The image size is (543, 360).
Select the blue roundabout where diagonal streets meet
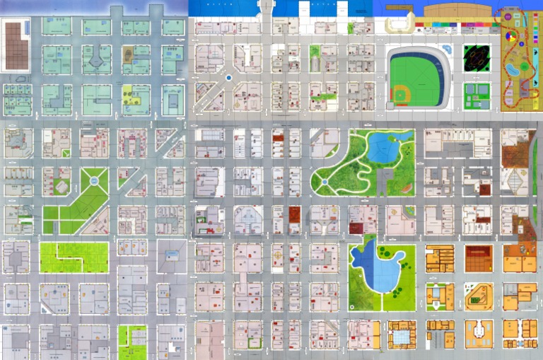pyautogui.click(x=229, y=78)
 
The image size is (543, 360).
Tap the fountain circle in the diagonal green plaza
pyautogui.click(x=94, y=181)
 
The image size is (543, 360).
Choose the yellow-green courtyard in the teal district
pyautogui.click(x=130, y=95)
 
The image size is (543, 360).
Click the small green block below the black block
pyautogui.click(x=477, y=95)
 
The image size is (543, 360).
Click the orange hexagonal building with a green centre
pyautogui.click(x=478, y=296)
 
